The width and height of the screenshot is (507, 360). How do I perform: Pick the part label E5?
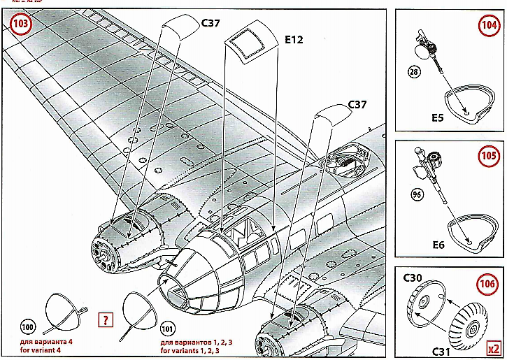pyautogui.click(x=438, y=117)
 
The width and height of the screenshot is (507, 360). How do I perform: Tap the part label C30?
pyautogui.click(x=413, y=278)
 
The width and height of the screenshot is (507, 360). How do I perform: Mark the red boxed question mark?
pyautogui.click(x=106, y=321)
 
